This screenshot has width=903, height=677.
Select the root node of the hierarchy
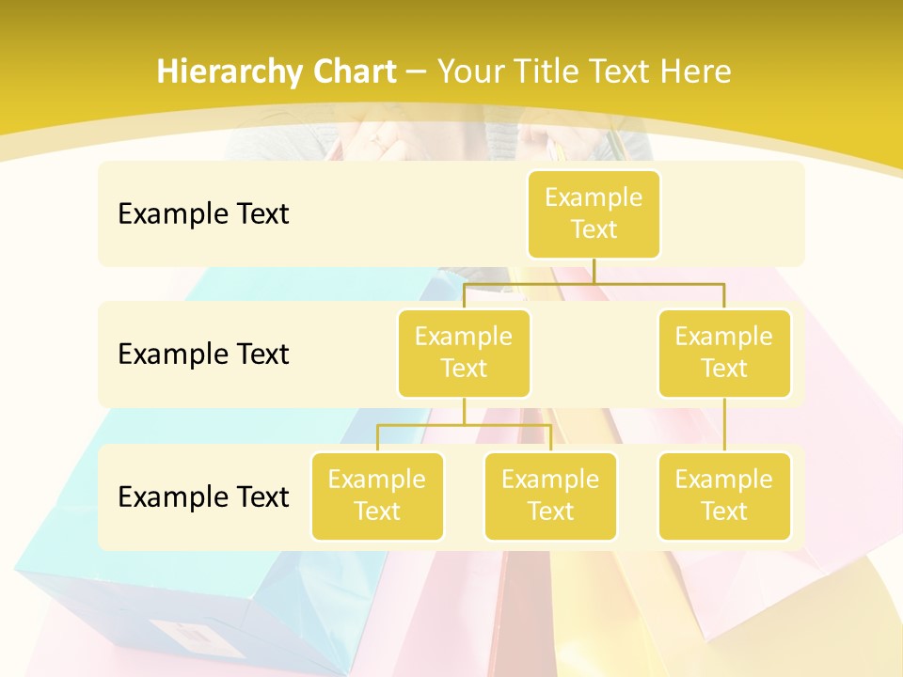pos(594,213)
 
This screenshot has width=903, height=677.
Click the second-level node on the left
pos(464,353)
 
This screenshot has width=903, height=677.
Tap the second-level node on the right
pos(724,353)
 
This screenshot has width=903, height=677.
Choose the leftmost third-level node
pos(377,496)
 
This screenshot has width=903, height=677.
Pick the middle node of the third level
pos(550,496)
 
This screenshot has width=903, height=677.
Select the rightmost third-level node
pos(724,496)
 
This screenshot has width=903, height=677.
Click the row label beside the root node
pos(203,213)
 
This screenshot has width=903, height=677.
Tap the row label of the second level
pos(203,354)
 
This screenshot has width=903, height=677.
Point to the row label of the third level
pos(203,496)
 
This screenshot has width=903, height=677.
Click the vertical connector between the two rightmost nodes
pos(724,425)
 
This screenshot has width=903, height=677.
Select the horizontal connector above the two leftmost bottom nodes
pos(464,425)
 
